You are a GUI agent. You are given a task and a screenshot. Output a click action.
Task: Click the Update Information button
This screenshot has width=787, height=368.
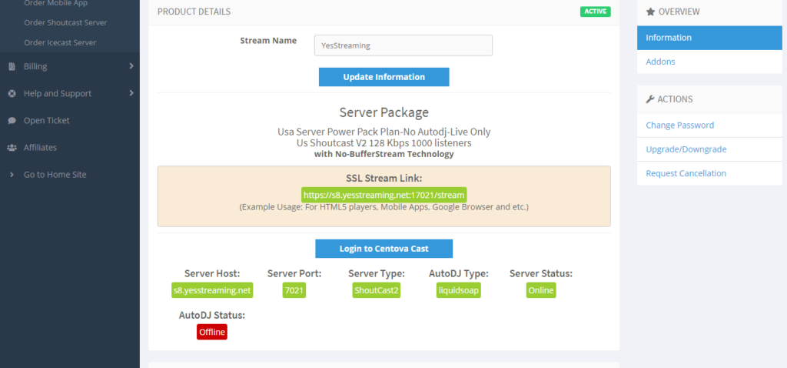click(384, 77)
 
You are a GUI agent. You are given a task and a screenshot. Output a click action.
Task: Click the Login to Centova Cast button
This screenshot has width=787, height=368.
click(384, 249)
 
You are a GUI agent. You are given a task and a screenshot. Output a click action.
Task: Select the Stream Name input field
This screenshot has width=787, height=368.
click(403, 45)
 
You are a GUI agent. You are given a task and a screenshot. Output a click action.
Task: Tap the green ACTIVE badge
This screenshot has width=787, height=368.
click(596, 12)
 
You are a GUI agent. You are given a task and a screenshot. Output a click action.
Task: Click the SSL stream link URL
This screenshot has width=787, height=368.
click(384, 195)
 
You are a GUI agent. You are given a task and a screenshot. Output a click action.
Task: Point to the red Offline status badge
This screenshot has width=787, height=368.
click(212, 332)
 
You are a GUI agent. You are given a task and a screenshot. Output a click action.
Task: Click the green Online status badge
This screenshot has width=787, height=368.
click(541, 290)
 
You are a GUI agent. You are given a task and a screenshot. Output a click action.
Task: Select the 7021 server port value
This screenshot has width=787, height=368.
click(294, 290)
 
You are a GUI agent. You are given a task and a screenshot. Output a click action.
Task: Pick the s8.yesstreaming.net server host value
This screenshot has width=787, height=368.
click(212, 290)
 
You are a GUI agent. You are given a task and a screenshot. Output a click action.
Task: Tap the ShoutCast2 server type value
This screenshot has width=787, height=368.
click(377, 290)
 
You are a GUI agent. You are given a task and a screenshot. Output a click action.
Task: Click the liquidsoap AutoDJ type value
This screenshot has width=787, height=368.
click(459, 290)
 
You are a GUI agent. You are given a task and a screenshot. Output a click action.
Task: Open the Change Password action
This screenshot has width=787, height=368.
click(680, 125)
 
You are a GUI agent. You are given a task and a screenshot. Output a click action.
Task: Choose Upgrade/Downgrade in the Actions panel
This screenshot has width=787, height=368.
click(686, 149)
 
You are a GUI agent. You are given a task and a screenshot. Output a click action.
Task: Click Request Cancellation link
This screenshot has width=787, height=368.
click(686, 173)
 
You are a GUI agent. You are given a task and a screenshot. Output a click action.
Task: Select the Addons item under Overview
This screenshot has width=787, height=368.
click(660, 62)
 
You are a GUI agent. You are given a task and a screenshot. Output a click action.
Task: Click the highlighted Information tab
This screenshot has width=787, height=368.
click(709, 38)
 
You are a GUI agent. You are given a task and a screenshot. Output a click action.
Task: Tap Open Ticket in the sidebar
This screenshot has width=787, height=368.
click(47, 121)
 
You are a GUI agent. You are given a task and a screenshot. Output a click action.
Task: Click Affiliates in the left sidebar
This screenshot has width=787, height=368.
click(40, 148)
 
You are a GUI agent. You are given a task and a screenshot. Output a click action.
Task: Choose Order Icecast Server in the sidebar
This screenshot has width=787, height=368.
click(60, 43)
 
